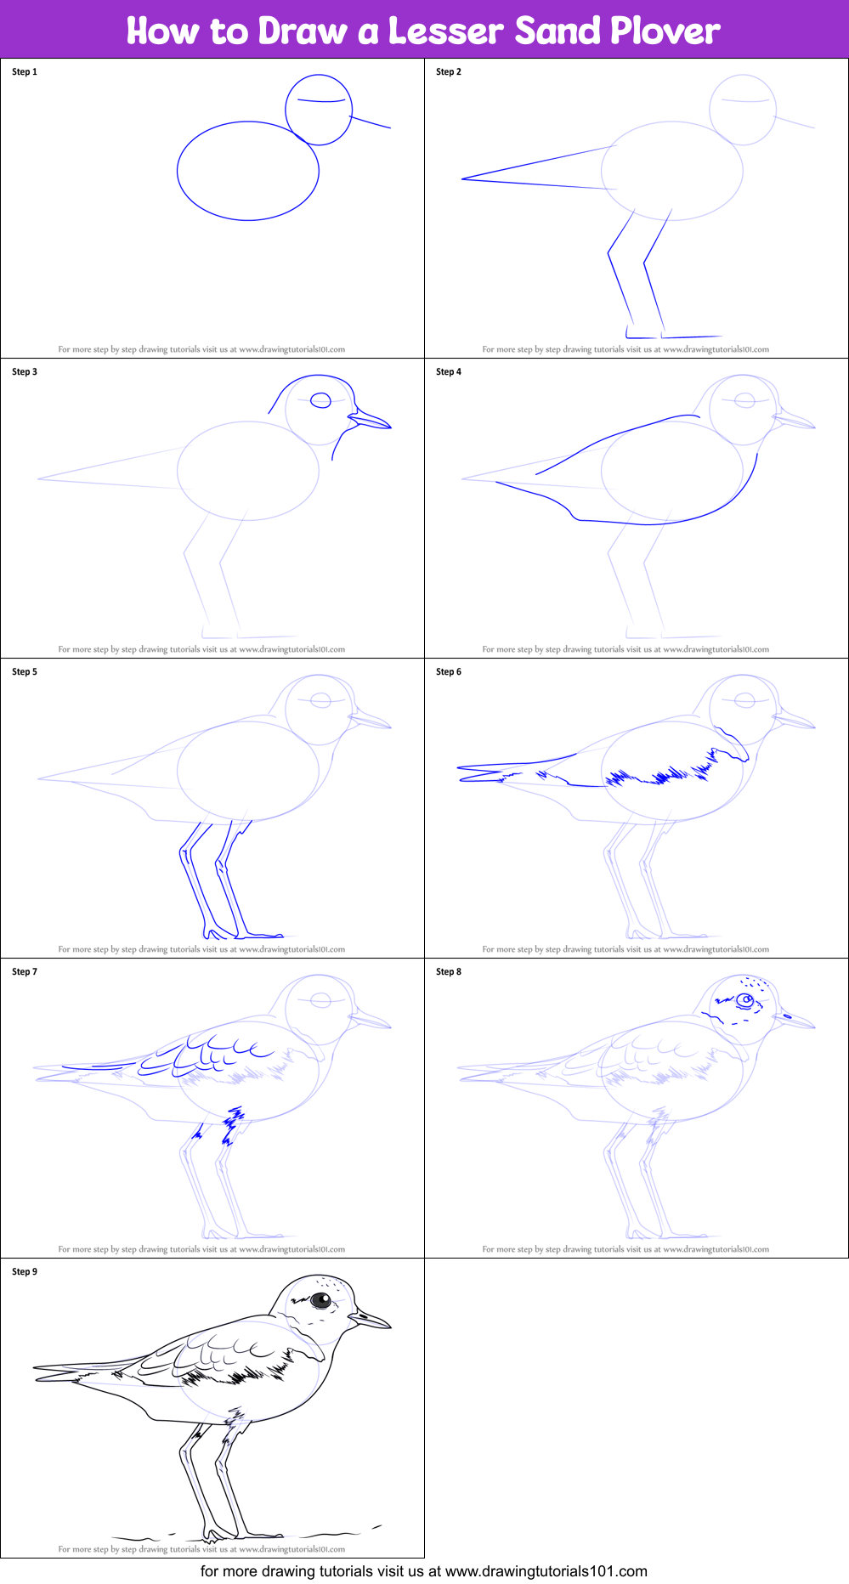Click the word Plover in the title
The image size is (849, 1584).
click(665, 31)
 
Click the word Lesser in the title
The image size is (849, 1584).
click(446, 31)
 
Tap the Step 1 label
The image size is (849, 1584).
click(25, 72)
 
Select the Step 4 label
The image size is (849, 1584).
click(449, 372)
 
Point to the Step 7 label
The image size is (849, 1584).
click(25, 972)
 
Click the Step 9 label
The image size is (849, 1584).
click(25, 1272)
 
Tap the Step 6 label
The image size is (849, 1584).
click(449, 672)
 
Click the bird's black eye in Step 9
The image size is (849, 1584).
click(320, 1300)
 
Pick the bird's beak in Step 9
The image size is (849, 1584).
click(371, 1320)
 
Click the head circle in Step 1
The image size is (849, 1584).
click(319, 110)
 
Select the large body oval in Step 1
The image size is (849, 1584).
click(248, 171)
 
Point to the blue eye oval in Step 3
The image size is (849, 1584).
click(320, 401)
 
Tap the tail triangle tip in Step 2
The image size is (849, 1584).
click(463, 178)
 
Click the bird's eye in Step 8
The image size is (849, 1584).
click(745, 1000)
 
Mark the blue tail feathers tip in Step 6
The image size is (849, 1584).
click(460, 773)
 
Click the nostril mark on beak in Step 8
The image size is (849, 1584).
click(786, 1015)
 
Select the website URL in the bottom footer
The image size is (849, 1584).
click(546, 1572)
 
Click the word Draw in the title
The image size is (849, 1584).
click(303, 31)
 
